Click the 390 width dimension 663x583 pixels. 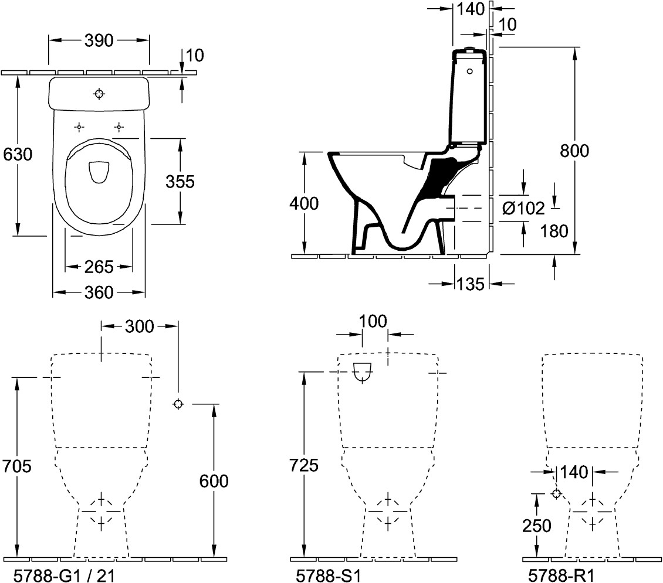pyautogui.click(x=99, y=40)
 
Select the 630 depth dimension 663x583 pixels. pyautogui.click(x=18, y=155)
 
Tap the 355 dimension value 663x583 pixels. pyautogui.click(x=180, y=182)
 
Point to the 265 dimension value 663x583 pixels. pyautogui.click(x=99, y=267)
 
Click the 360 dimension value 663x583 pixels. pyautogui.click(x=99, y=292)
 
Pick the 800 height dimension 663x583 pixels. pyautogui.click(x=574, y=151)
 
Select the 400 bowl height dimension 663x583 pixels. pyautogui.click(x=304, y=203)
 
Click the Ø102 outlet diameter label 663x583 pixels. pyautogui.click(x=523, y=208)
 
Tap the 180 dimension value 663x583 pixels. pyautogui.click(x=554, y=231)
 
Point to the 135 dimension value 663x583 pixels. pyautogui.click(x=471, y=284)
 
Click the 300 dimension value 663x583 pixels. pyautogui.click(x=140, y=326)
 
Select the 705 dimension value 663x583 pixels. pyautogui.click(x=17, y=466)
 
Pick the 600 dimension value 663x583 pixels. pyautogui.click(x=214, y=481)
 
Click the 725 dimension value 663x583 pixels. pyautogui.click(x=304, y=466)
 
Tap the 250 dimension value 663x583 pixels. pyautogui.click(x=537, y=526)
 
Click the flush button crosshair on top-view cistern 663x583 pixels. pyautogui.click(x=99, y=94)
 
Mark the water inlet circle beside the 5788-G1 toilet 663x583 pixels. pyautogui.click(x=178, y=404)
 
